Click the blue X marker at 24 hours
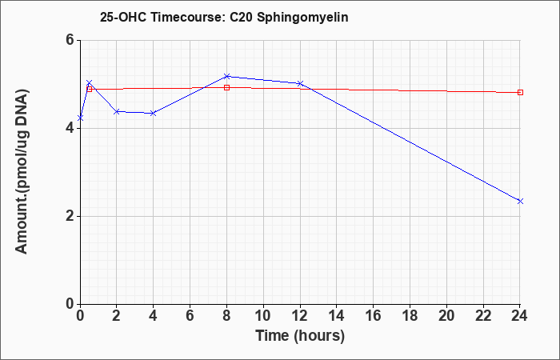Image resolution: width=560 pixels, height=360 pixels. pos(520,202)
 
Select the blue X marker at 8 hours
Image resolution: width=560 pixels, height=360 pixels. pos(226,77)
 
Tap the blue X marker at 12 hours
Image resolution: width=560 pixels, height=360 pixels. pos(300,83)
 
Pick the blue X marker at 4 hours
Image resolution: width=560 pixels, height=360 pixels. pos(154,114)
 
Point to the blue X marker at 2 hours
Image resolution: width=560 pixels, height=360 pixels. pos(117,112)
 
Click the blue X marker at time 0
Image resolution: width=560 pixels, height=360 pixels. pos(80,118)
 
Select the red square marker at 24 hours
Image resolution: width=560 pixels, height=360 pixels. pos(520,93)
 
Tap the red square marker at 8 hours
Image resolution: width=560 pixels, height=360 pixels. pos(226,87)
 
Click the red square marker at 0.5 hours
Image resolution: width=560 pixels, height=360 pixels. pos(90,89)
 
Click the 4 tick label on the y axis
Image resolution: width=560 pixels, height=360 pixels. pos(70,128)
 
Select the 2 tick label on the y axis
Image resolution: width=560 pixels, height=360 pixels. pos(70,216)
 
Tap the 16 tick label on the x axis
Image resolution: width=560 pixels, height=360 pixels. pos(373,316)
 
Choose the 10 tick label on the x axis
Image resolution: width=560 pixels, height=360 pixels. pos(263,316)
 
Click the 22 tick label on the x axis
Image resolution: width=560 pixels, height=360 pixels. pos(483,316)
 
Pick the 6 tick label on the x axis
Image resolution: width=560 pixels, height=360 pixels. pos(190,316)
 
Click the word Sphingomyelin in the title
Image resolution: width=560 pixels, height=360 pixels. pos(302,18)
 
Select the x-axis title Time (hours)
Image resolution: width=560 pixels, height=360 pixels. pos(300,336)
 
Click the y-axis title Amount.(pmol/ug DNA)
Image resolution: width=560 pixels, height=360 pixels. pos(22,171)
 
